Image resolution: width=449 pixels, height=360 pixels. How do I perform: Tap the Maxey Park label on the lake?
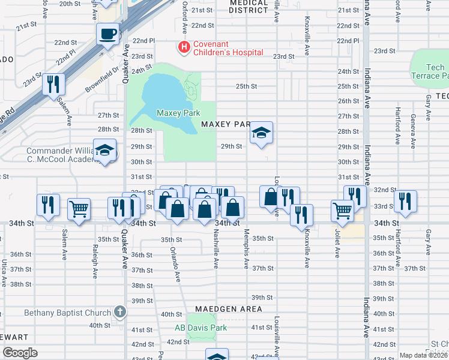(177, 113)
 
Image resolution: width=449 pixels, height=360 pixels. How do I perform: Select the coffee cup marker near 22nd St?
(108, 34)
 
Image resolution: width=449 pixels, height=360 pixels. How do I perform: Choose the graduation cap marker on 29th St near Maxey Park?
(261, 133)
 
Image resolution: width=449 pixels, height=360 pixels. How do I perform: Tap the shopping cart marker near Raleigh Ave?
(79, 209)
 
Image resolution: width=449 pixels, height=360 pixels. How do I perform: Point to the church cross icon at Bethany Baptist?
(120, 312)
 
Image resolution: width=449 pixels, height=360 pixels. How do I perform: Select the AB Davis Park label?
(200, 328)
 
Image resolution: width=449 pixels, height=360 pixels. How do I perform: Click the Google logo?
(20, 353)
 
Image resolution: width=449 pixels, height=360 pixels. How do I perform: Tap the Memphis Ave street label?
(246, 248)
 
